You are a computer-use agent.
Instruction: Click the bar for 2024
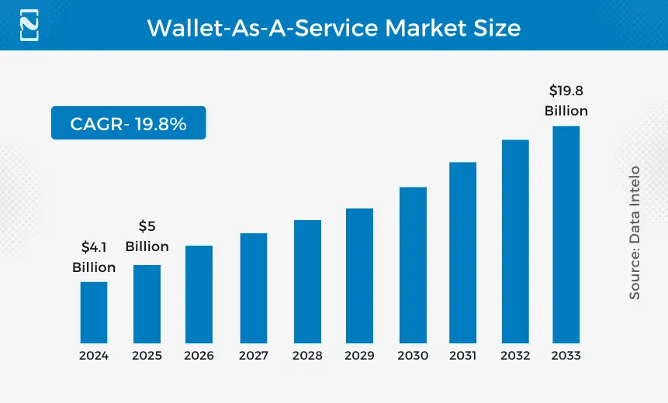click(94, 312)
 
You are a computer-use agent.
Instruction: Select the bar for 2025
click(147, 304)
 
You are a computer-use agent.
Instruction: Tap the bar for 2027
click(254, 288)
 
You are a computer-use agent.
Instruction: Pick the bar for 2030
click(413, 265)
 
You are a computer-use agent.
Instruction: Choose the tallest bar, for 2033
click(566, 234)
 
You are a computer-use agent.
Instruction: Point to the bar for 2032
click(515, 241)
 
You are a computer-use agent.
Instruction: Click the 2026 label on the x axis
click(199, 356)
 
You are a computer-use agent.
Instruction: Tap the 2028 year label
click(307, 356)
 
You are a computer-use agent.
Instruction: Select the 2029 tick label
click(360, 356)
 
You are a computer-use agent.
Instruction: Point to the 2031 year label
click(463, 356)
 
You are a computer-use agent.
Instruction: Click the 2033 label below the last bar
click(566, 356)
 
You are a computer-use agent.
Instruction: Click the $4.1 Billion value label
click(94, 257)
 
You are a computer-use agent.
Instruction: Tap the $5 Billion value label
click(147, 236)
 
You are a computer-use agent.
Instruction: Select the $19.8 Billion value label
click(566, 101)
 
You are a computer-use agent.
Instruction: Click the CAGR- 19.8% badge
click(128, 123)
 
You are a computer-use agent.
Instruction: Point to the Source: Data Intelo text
click(635, 232)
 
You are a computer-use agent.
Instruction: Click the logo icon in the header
click(29, 25)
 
